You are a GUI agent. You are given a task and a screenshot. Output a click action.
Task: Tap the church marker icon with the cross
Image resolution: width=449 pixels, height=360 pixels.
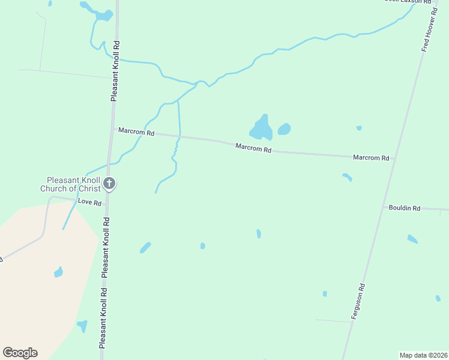coord(109,183)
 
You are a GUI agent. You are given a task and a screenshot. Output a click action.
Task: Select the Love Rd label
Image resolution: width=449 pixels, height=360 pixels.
coord(89,202)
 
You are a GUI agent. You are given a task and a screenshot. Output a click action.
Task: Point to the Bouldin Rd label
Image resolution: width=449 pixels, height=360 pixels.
coord(405,208)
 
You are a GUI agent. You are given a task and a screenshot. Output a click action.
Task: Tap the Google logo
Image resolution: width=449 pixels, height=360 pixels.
coord(20,353)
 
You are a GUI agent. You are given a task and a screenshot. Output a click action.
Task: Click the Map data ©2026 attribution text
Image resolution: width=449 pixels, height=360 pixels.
coord(424,355)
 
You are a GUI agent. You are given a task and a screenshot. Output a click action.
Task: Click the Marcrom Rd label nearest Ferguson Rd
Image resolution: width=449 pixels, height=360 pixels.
coord(371,158)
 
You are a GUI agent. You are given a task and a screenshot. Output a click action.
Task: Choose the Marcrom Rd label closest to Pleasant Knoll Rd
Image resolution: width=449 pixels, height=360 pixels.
coord(136,131)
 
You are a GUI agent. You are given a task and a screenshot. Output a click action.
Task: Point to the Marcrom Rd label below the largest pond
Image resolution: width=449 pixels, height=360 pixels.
coord(253,147)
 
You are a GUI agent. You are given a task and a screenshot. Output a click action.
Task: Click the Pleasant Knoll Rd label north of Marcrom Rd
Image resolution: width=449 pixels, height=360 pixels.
coord(116,70)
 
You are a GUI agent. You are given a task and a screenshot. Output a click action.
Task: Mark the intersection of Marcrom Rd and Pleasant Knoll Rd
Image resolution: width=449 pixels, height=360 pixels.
coord(113,128)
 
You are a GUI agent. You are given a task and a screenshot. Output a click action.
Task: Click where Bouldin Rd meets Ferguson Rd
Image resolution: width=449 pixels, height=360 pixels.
coord(384,207)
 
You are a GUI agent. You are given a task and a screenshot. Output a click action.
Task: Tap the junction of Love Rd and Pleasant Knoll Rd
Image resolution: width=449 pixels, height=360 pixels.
coord(107,205)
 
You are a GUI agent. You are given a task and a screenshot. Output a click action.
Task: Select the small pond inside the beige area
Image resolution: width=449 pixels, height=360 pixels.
coord(58,272)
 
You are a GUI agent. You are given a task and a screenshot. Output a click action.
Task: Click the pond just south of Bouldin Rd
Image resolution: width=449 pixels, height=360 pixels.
coord(412,239)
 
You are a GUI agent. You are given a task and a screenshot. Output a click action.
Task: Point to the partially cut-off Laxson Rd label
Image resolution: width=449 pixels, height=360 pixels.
coord(408,2)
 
